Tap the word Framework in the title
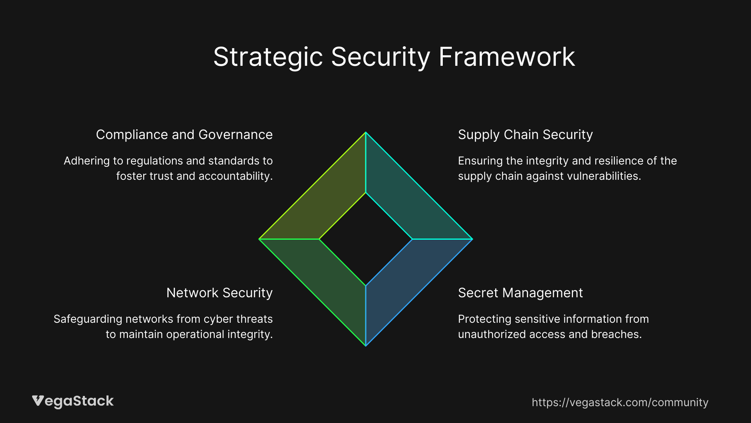507,57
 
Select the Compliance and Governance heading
184,135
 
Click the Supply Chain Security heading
525,135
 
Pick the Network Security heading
219,293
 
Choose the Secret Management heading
520,293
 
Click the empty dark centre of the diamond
366,239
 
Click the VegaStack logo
73,401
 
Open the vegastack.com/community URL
620,403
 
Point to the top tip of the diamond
366,133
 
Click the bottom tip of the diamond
366,345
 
